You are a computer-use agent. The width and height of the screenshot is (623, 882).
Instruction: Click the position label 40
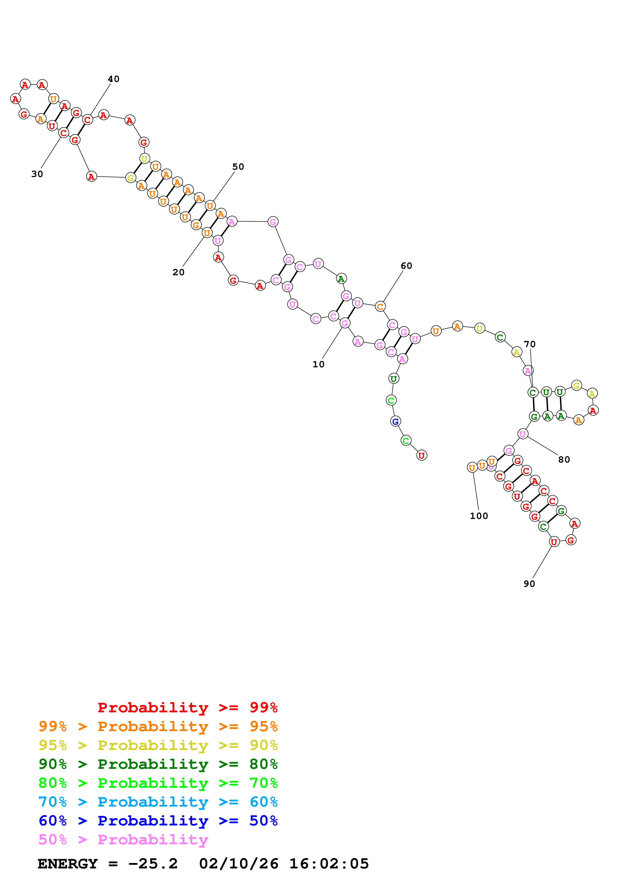[114, 79]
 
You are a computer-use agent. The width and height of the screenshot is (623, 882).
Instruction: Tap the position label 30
[37, 174]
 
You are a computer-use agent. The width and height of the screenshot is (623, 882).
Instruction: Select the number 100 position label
[479, 516]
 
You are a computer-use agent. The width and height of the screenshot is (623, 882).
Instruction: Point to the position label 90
[529, 584]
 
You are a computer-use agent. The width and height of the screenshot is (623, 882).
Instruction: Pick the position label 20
[178, 272]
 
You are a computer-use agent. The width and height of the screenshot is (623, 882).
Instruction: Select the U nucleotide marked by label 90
[554, 542]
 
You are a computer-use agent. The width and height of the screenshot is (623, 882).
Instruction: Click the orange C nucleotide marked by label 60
[380, 306]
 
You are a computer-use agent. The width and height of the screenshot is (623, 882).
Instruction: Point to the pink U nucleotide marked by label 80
[522, 434]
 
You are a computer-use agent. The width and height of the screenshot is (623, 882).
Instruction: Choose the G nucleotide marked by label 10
[345, 323]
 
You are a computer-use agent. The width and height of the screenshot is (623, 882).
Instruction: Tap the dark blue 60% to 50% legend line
[158, 821]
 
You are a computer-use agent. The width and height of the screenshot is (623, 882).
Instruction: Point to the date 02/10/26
[238, 864]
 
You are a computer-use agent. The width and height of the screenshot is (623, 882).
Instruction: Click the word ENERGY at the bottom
[68, 864]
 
